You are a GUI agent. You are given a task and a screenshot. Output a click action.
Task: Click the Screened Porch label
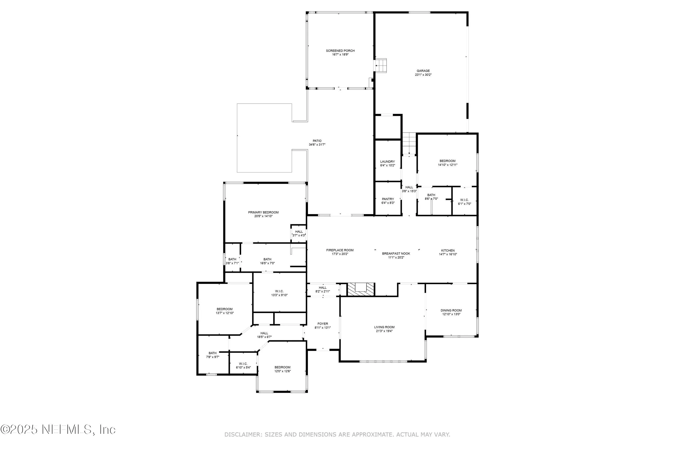click(x=340, y=51)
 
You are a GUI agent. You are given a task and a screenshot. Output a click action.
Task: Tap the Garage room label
click(x=423, y=71)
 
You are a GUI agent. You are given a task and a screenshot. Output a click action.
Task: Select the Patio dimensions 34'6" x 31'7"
click(x=317, y=145)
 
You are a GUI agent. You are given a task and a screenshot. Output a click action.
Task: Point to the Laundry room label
click(x=387, y=162)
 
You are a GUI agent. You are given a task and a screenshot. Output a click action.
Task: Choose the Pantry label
click(x=388, y=199)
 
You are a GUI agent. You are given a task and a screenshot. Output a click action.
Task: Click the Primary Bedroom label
click(x=263, y=212)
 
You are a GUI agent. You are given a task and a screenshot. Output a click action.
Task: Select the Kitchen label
click(x=448, y=251)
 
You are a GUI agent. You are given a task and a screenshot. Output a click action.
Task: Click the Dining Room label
click(x=451, y=310)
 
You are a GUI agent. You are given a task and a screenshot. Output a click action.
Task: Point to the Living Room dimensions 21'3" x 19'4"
click(x=384, y=331)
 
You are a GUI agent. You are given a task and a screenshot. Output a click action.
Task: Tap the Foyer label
click(x=323, y=324)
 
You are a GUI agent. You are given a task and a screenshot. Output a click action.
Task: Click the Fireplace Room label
click(x=340, y=250)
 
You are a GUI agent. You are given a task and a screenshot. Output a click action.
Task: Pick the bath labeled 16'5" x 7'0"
click(x=267, y=259)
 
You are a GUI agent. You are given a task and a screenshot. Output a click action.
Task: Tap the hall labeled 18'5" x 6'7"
click(x=264, y=333)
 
